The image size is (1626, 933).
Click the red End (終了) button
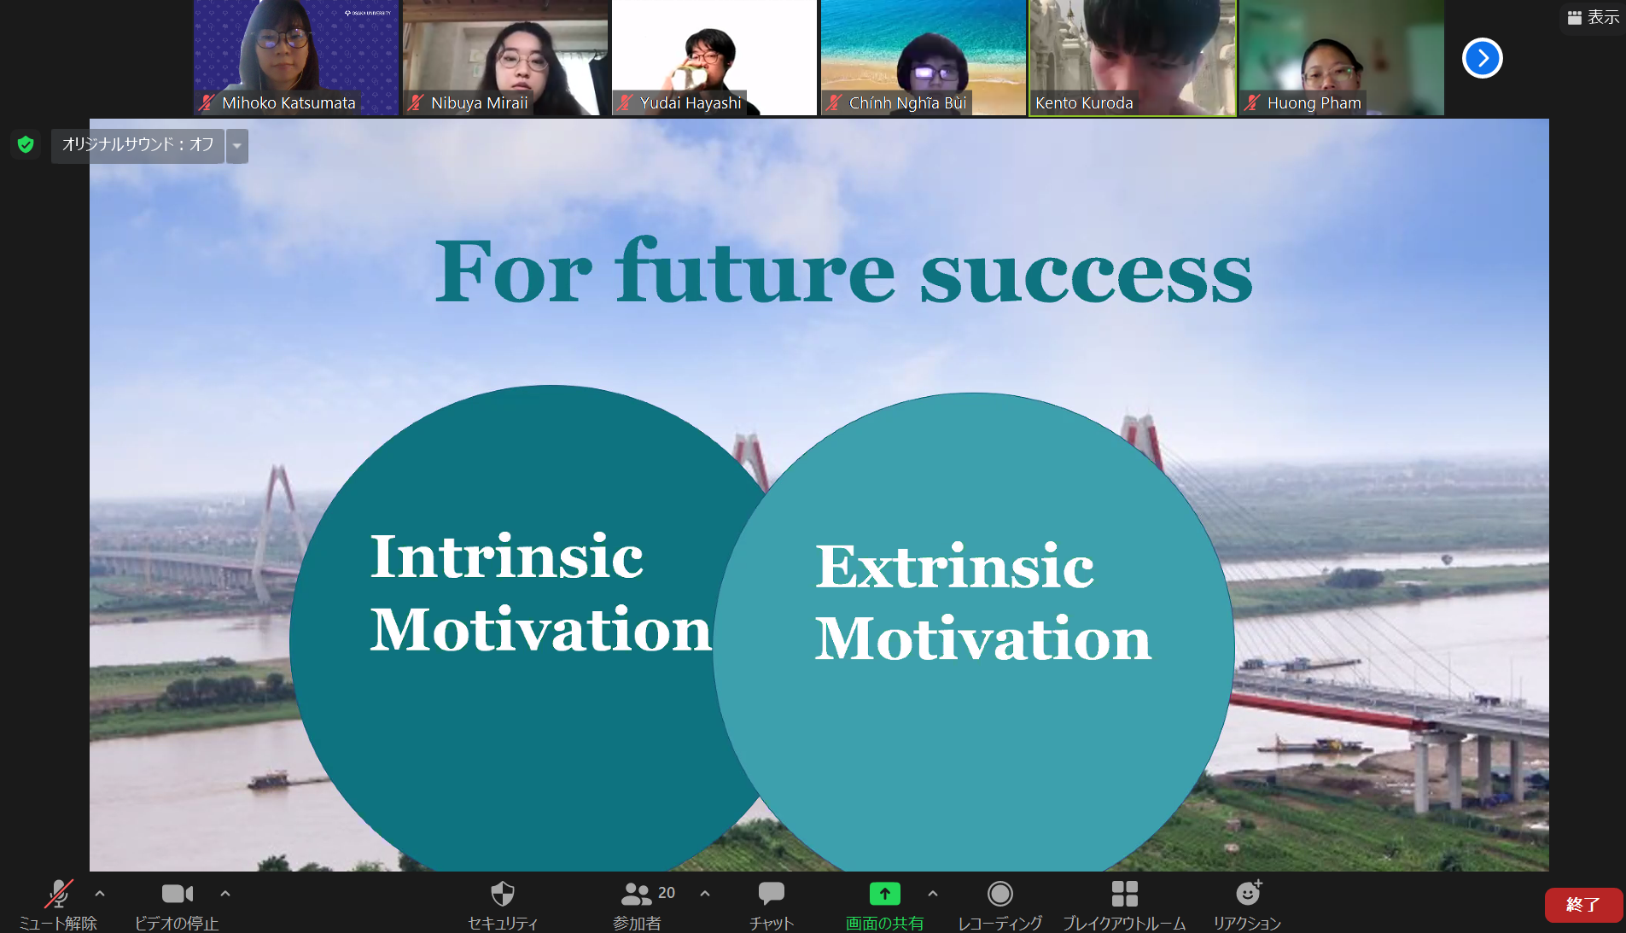1583,905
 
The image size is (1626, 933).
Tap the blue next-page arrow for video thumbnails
1483,58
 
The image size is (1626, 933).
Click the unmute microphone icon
58,894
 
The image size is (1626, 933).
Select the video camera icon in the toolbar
178,894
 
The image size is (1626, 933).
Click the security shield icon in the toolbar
503,894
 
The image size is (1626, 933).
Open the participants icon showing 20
637,894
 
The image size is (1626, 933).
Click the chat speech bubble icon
772,894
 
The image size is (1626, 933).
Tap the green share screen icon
885,894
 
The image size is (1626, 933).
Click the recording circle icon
1000,894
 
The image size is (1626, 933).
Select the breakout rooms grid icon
1125,894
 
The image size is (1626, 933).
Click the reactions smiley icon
1249,893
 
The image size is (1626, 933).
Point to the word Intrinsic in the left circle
506,557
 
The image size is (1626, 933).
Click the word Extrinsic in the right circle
954,566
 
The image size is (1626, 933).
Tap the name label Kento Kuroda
1084,103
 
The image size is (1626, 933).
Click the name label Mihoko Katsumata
288,103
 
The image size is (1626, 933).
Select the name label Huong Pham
1314,103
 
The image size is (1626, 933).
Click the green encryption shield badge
26,144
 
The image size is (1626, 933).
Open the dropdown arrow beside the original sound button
237,146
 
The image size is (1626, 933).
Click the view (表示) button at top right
1594,17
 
